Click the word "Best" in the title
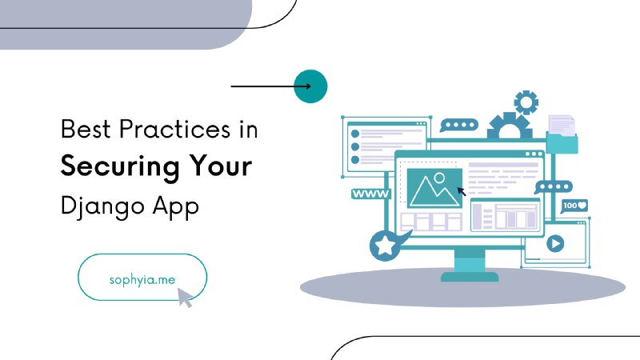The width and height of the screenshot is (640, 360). [86, 130]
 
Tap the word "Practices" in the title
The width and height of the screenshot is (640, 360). [174, 130]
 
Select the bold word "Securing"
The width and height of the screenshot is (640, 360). [120, 167]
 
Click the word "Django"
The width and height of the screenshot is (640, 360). [102, 206]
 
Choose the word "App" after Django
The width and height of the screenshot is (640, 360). [176, 206]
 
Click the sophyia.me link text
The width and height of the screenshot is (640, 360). [142, 280]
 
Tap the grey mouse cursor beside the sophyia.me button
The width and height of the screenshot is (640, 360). [185, 298]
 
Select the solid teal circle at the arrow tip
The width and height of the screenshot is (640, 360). [310, 86]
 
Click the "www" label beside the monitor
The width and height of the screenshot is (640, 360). [370, 194]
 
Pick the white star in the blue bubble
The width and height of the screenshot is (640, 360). [385, 246]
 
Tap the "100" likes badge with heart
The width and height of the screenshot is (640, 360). [574, 206]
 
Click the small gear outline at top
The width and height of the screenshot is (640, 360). [526, 102]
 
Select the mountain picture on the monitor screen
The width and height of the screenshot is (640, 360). [434, 188]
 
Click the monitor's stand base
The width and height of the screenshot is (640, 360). [470, 277]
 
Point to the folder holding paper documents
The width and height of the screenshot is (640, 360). [562, 134]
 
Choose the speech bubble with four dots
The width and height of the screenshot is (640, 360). [458, 125]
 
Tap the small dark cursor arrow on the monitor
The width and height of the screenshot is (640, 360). [462, 191]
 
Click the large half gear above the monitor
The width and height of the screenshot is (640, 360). [510, 126]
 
